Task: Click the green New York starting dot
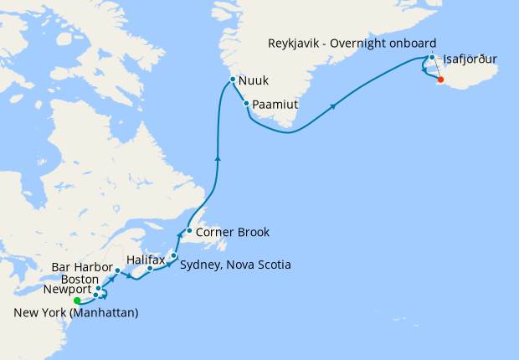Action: point(77,301)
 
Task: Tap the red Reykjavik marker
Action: point(440,81)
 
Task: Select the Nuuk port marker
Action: point(232,80)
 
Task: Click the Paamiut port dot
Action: point(246,104)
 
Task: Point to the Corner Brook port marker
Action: point(189,231)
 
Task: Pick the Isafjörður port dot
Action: point(432,58)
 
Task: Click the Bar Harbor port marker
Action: point(117,271)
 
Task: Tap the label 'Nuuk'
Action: point(253,81)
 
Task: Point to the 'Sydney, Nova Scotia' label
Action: point(235,265)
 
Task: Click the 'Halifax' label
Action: point(146,260)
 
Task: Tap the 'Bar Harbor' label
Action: point(82,267)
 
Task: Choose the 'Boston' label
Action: point(80,279)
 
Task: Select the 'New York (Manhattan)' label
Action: point(77,313)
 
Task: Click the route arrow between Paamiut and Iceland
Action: point(334,105)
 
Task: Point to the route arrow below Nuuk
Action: point(218,157)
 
